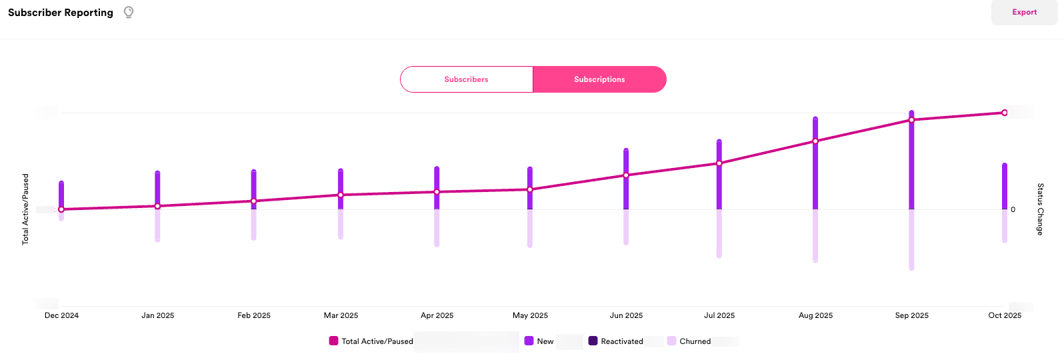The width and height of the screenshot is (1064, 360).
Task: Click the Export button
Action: tap(1024, 13)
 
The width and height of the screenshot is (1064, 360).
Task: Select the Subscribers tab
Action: tap(466, 79)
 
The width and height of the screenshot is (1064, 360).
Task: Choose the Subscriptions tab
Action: tap(599, 79)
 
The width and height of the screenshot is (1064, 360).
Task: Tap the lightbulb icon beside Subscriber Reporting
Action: tap(129, 12)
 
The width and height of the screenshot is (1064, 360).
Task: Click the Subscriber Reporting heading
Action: tap(61, 13)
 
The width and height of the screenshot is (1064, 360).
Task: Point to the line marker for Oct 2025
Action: tap(1004, 113)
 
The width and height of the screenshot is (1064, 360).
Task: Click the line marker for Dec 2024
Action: tap(61, 209)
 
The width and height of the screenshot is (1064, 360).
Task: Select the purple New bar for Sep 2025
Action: tap(911, 167)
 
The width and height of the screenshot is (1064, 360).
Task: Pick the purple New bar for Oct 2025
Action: tap(1005, 187)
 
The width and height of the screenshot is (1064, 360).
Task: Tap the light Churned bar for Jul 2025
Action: tap(719, 233)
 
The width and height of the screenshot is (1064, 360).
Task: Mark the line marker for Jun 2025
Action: tap(626, 175)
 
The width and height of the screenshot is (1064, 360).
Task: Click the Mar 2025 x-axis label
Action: tap(341, 315)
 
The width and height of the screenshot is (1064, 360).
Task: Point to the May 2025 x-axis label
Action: tap(530, 315)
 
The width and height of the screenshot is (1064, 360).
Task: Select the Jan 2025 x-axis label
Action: tap(157, 315)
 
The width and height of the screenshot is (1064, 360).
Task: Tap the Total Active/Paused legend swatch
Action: tap(333, 341)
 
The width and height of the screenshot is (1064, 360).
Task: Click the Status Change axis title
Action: tap(1039, 209)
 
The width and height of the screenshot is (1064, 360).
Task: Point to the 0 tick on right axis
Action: tap(1013, 209)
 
